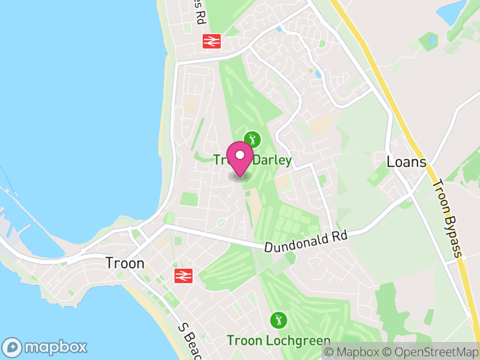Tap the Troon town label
[x=124, y=263]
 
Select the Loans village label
[x=406, y=162]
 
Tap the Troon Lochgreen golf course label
[x=278, y=341]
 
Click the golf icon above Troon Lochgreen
[x=278, y=320]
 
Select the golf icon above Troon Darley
[x=253, y=139]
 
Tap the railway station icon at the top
[x=212, y=41]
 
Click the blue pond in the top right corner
[x=451, y=10]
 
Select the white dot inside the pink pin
[x=240, y=155]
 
